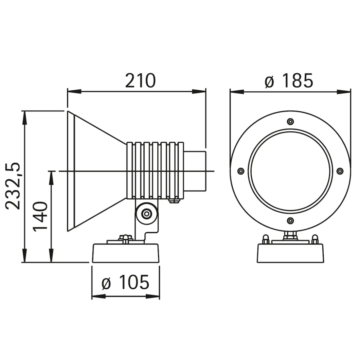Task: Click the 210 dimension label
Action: pos(140,81)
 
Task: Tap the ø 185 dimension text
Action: pos(289,81)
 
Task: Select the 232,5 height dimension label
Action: pos(14,186)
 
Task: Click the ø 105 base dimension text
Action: pos(126,282)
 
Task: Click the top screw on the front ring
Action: pos(290,121)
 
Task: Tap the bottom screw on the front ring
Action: pos(290,221)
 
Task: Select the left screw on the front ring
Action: pos(240,171)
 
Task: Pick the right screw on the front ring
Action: pos(340,171)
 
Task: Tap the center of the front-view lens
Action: pos(290,171)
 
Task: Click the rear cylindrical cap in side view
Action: pos(196,171)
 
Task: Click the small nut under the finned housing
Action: pos(174,201)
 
